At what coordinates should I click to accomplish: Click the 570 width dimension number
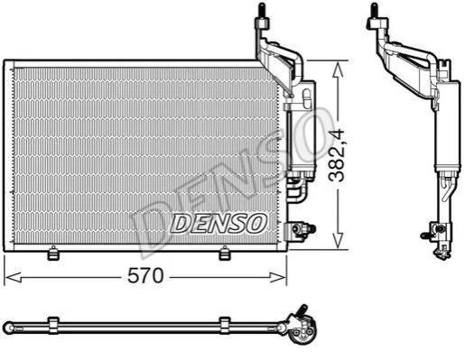[145, 276]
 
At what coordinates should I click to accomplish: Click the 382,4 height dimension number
[337, 155]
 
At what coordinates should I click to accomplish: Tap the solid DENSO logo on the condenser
[218, 223]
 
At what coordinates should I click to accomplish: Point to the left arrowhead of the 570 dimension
[13, 277]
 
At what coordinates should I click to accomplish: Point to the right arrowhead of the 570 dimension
[277, 277]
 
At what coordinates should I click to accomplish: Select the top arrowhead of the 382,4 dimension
[339, 69]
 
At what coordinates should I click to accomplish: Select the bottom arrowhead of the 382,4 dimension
[339, 240]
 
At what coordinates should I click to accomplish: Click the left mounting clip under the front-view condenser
[53, 253]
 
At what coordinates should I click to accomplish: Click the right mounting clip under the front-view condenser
[224, 253]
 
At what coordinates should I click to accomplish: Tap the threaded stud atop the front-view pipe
[262, 11]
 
